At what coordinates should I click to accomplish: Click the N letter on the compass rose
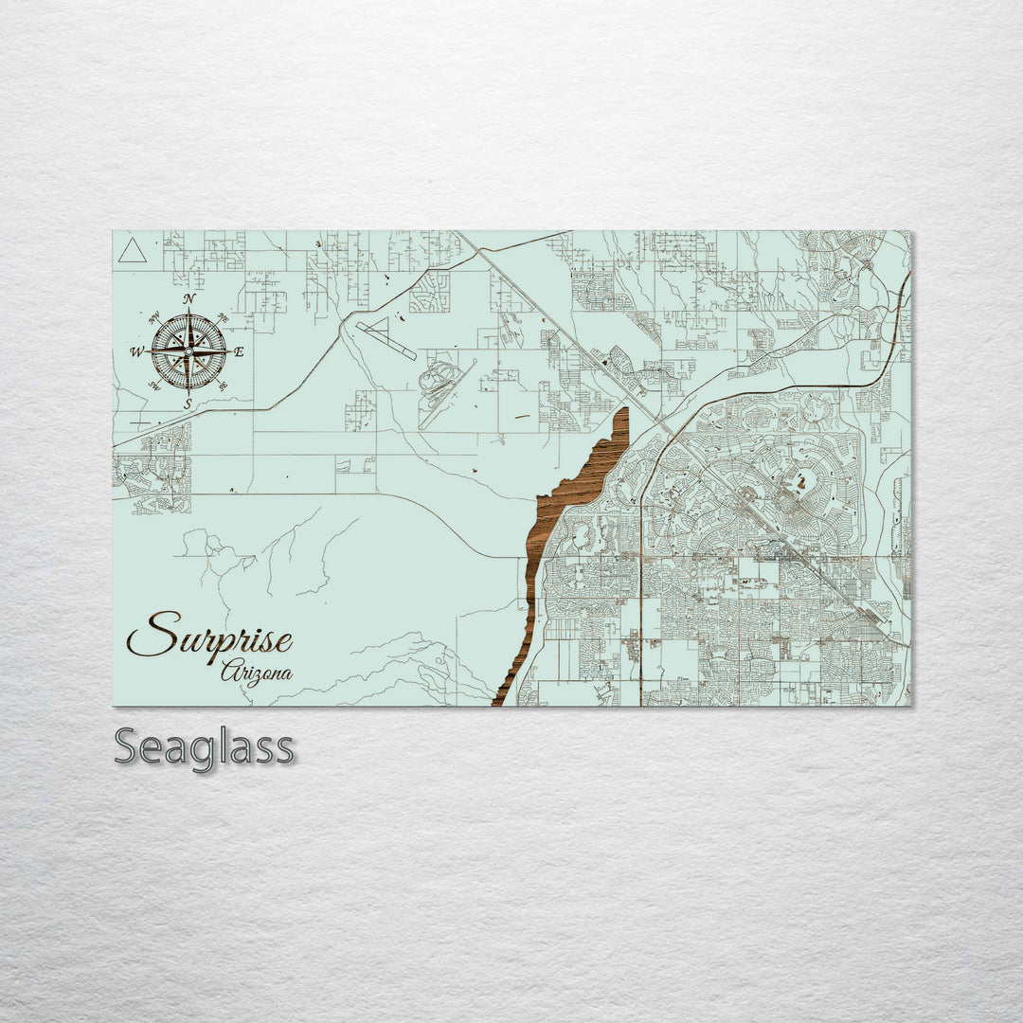click(x=188, y=299)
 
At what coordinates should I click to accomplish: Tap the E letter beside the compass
click(x=239, y=352)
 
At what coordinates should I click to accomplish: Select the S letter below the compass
click(x=188, y=404)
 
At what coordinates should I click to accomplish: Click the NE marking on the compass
click(x=223, y=317)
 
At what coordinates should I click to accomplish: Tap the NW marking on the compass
click(x=154, y=318)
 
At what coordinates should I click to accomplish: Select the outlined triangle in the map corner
click(x=132, y=251)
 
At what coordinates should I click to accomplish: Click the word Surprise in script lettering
click(x=209, y=637)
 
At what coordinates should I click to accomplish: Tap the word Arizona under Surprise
click(x=256, y=674)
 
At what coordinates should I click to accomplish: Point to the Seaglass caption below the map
click(x=204, y=747)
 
